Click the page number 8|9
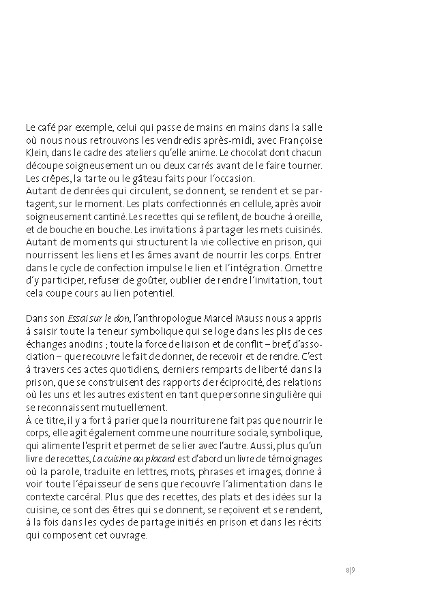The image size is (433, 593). coord(350,569)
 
